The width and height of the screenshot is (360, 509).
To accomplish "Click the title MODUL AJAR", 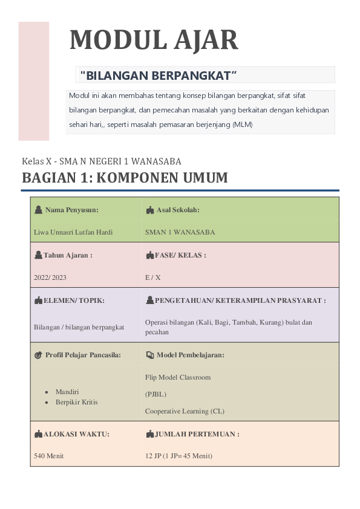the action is click(x=154, y=40).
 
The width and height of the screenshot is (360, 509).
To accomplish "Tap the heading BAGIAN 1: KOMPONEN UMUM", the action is click(x=125, y=178).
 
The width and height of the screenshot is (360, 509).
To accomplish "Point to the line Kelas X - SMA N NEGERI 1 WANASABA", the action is click(x=102, y=161).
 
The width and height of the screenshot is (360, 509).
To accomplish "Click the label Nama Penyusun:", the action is click(x=71, y=210).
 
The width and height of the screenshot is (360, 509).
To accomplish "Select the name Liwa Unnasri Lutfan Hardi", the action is click(x=73, y=232).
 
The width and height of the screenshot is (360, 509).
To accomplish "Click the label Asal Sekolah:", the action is click(x=178, y=210).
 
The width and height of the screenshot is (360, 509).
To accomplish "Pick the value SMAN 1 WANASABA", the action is click(x=180, y=232).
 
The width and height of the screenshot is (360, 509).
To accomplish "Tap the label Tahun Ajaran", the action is click(x=67, y=255).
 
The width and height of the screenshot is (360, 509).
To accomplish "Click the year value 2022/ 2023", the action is click(x=50, y=277).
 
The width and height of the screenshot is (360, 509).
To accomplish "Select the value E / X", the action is click(x=153, y=277).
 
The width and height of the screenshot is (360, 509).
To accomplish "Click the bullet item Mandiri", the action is click(x=67, y=392).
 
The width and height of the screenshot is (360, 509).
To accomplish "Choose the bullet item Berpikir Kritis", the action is click(x=76, y=401).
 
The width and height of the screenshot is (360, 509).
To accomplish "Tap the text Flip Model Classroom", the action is click(x=178, y=377).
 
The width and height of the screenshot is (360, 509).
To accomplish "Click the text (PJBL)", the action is click(x=155, y=394).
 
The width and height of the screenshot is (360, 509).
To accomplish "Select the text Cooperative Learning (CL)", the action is click(x=185, y=411).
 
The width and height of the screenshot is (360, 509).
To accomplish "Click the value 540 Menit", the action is click(x=49, y=456).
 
